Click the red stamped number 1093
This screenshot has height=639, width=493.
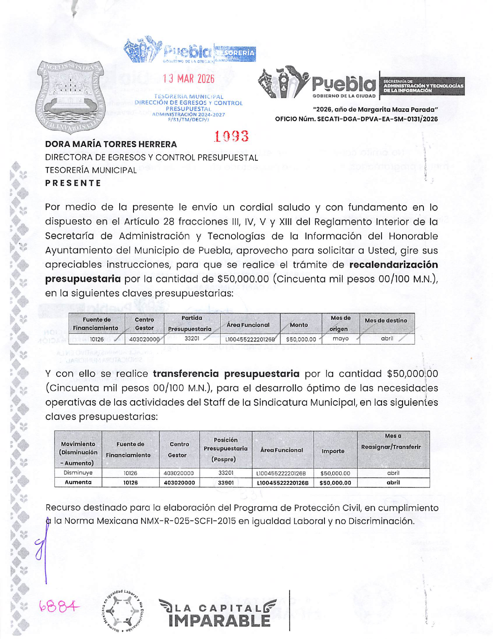pyautogui.click(x=231, y=136)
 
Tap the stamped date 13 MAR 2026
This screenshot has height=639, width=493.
pyautogui.click(x=189, y=79)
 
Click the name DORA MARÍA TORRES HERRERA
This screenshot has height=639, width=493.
pyautogui.click(x=111, y=144)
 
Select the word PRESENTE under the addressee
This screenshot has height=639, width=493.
pyautogui.click(x=73, y=183)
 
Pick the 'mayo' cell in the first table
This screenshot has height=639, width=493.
pyautogui.click(x=340, y=339)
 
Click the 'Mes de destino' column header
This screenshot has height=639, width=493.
pyautogui.click(x=385, y=321)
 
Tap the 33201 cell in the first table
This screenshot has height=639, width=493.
pyautogui.click(x=192, y=339)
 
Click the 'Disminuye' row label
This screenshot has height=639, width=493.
pyautogui.click(x=78, y=473)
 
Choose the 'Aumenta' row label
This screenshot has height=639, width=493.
pyautogui.click(x=78, y=483)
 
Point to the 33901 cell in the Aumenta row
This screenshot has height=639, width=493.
pyautogui.click(x=226, y=483)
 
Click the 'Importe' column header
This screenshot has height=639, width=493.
pyautogui.click(x=333, y=451)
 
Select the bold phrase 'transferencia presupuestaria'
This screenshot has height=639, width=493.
pyautogui.click(x=226, y=374)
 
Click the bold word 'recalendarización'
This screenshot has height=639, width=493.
pyautogui.click(x=394, y=265)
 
